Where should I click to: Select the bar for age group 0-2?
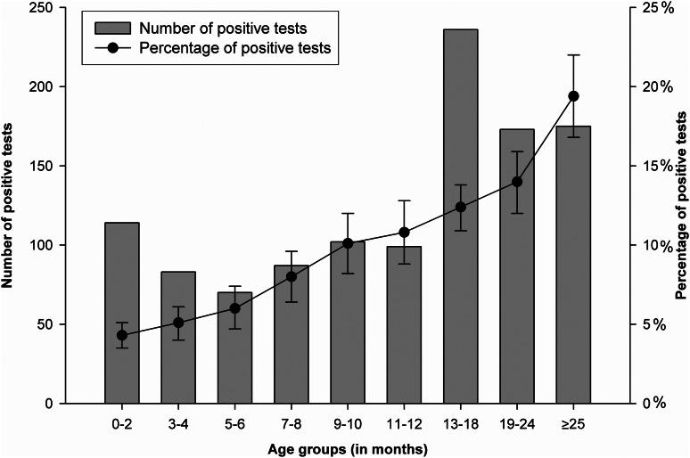click(122, 313)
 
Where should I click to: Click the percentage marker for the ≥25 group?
click(573, 96)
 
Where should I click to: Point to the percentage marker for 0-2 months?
click(122, 335)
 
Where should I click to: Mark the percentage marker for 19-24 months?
click(517, 182)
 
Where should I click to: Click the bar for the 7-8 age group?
click(291, 334)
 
